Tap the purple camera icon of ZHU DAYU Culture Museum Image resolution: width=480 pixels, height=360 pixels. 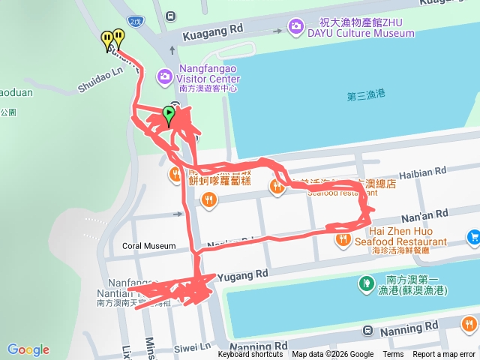(296, 27)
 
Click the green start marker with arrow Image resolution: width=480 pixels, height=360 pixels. (169, 115)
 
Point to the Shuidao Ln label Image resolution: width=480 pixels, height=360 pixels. (100, 79)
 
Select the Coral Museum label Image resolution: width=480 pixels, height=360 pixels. (148, 246)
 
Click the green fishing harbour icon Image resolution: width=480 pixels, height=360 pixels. (366, 283)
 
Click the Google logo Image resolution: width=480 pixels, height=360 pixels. (28, 349)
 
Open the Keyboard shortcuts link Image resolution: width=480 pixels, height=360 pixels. (250, 355)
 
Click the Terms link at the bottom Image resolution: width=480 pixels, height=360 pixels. (393, 355)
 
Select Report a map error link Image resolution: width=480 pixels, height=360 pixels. (444, 355)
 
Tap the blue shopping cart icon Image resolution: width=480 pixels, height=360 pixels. (473, 238)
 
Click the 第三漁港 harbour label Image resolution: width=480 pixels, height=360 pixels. (366, 95)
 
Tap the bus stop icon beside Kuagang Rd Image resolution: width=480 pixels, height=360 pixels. (171, 16)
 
